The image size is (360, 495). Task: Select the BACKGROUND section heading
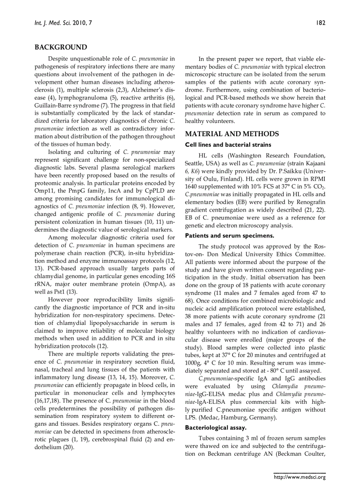[60, 47]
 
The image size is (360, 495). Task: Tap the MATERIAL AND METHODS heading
[232, 134]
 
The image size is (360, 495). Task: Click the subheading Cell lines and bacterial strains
[228, 145]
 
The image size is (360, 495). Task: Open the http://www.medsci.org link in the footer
[300, 477]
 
